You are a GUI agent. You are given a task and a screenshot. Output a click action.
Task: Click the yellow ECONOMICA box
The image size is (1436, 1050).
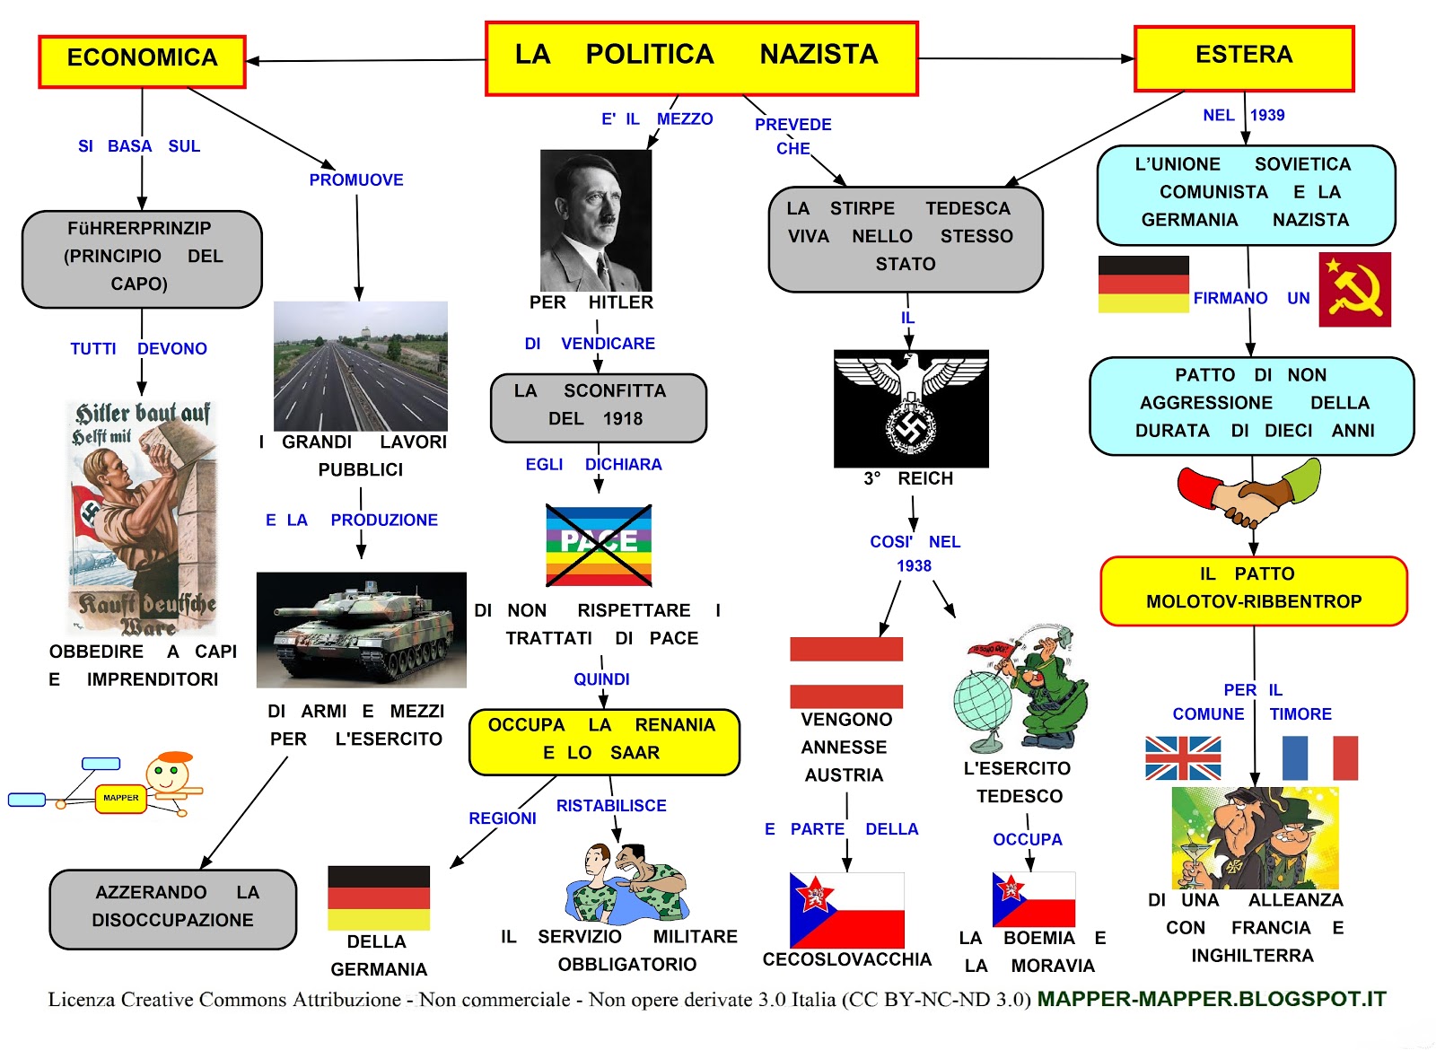click(142, 61)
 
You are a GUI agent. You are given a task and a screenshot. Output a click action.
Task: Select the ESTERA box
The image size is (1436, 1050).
click(1244, 58)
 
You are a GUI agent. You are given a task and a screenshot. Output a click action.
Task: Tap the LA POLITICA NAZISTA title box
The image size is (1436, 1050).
click(701, 58)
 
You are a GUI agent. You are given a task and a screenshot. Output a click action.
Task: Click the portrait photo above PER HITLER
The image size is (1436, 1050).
click(596, 220)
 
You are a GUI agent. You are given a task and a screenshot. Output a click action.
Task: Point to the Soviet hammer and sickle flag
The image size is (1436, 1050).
click(1354, 289)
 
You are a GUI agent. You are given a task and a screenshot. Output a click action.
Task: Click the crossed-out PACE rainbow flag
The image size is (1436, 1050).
click(599, 545)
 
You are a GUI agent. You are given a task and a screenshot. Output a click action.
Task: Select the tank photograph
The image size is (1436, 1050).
click(361, 629)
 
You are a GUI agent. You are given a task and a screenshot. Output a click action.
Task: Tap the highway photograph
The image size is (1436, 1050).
click(360, 365)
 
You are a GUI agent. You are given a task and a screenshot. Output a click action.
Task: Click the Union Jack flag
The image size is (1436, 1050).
click(1183, 758)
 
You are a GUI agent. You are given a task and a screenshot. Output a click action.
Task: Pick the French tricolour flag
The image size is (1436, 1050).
click(1319, 758)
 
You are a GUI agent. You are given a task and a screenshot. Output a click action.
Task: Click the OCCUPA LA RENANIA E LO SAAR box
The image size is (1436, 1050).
click(604, 741)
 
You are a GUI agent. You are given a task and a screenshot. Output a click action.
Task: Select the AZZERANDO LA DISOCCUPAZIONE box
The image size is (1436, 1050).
click(172, 909)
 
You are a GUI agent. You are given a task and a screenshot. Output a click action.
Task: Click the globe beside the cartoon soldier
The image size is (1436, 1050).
click(983, 700)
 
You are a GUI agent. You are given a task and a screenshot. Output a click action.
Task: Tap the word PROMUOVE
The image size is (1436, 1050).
click(356, 180)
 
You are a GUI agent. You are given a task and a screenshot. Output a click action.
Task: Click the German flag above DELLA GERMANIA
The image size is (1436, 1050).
click(379, 897)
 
